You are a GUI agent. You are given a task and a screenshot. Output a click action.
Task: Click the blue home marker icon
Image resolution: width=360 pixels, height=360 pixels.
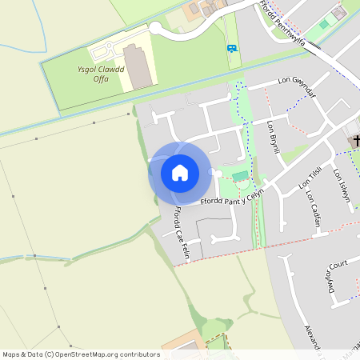point(180,173)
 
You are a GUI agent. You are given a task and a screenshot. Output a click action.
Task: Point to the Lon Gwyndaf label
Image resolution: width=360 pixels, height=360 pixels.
point(297,80)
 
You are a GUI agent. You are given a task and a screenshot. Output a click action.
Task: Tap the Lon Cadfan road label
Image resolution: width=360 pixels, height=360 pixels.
point(314,211)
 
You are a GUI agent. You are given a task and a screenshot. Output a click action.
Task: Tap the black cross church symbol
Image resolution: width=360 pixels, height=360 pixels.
point(355,141)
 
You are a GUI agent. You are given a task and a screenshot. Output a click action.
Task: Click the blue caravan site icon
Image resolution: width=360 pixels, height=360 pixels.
point(232,48)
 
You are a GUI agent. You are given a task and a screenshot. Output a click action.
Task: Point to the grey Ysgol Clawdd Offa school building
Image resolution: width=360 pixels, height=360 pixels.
point(138,66)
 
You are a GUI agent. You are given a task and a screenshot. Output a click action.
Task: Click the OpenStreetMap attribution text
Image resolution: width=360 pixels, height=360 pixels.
point(81,354)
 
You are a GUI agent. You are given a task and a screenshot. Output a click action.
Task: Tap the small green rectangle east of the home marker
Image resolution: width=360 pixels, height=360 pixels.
point(240,175)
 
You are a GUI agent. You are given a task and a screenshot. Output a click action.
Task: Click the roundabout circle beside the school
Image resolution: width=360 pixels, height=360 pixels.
point(155,29)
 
